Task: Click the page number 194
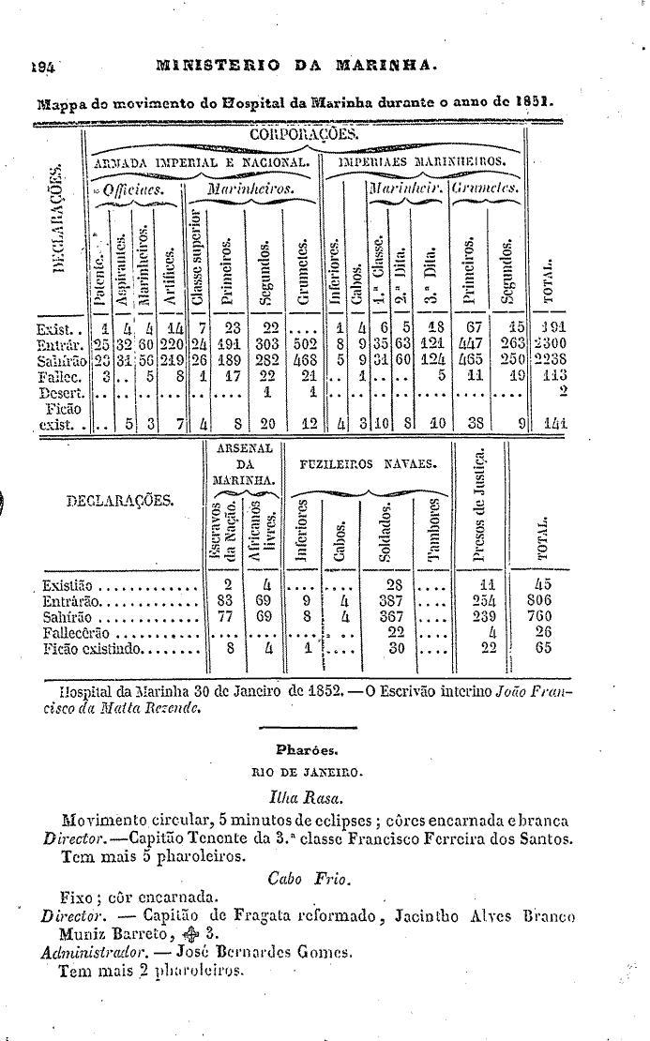[42, 67]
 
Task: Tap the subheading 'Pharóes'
[306, 748]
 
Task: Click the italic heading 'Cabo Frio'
[310, 878]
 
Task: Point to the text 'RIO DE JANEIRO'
[307, 773]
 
